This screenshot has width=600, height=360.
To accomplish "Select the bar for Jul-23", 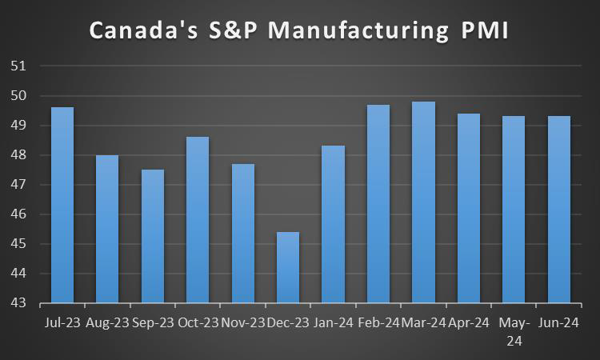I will coord(62,205).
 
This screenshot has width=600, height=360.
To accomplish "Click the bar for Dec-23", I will coord(288,267).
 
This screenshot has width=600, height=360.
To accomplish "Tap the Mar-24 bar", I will coord(424,202).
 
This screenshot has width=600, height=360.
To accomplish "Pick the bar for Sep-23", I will coord(152,236).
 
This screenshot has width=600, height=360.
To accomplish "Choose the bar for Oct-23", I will coord(198,220).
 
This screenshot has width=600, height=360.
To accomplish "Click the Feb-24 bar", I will coord(378,204).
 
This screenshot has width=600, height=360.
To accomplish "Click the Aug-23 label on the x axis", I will coord(106,323).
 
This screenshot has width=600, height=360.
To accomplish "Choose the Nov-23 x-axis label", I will coord(242,323).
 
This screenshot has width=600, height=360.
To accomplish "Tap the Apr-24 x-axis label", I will coord(469,323).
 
